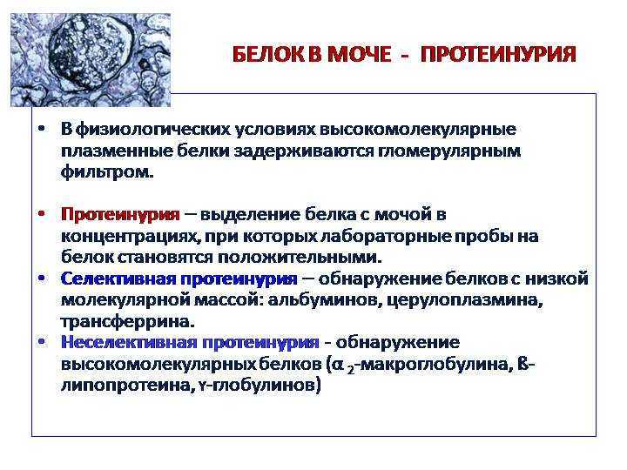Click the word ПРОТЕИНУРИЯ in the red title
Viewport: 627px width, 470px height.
pos(498,54)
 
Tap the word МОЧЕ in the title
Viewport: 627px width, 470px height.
pos(359,54)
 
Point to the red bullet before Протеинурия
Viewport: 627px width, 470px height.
pos(41,214)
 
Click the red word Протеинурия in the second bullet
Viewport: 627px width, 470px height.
pos(120,215)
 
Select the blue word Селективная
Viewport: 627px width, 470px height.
pos(118,279)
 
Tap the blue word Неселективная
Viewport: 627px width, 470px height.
pos(128,342)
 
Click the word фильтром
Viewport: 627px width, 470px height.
pos(107,172)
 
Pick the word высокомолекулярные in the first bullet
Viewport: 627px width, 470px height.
pos(418,130)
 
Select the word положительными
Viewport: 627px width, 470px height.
pos(300,258)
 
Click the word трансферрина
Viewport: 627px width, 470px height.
pos(127,322)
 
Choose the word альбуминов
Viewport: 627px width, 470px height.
pos(324,300)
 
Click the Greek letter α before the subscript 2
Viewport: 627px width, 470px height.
pos(339,365)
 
